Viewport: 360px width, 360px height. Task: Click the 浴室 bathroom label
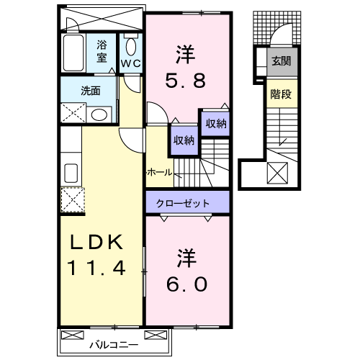coord(103,52)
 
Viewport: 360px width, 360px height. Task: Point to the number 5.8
coord(186,79)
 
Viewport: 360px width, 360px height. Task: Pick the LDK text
coord(96,242)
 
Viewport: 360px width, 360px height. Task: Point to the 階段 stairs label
coord(279,93)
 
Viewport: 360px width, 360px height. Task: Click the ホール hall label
coord(159,173)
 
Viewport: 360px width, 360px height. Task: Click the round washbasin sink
coord(99,114)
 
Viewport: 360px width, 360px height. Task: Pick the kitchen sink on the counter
coord(72,172)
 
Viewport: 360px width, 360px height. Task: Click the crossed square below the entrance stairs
coord(277,173)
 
